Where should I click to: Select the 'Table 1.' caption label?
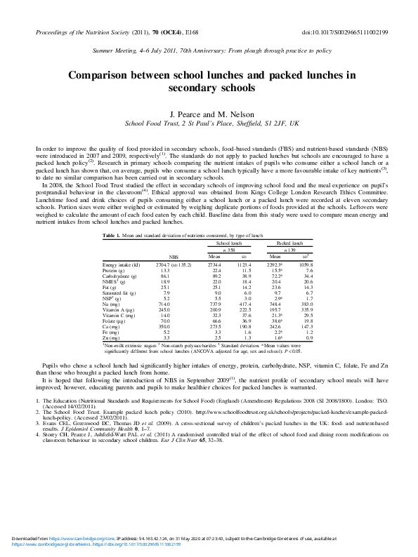point(111,235)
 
